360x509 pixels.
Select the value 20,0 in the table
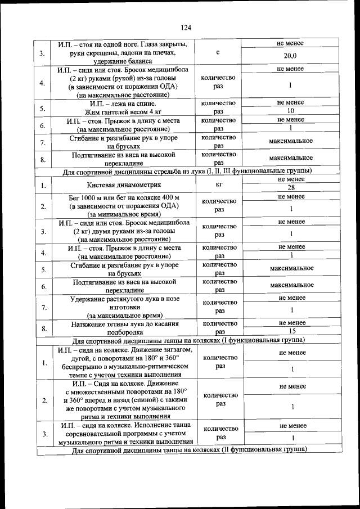[x=290, y=56]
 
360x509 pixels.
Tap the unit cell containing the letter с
[x=217, y=52]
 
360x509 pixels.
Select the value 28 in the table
[x=291, y=188]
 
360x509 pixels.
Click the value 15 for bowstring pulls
[x=291, y=332]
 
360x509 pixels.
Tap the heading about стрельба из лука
[x=186, y=170]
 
